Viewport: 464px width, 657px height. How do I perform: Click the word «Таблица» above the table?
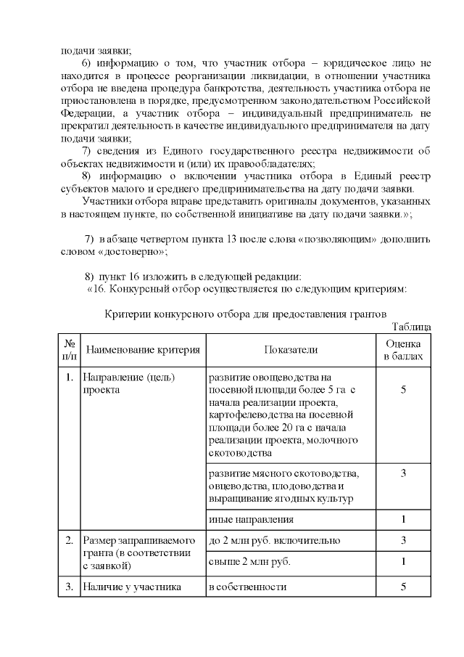(x=411, y=327)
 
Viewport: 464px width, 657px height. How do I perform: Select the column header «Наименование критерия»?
(x=143, y=350)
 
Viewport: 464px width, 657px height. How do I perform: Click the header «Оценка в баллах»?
(x=403, y=350)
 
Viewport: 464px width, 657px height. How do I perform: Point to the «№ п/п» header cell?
(x=70, y=350)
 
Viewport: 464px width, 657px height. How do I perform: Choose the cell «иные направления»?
(x=251, y=520)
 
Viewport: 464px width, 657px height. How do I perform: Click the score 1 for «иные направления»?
(x=403, y=520)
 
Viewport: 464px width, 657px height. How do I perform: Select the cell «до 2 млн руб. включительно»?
(x=270, y=541)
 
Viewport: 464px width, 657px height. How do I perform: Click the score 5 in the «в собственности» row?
(x=403, y=587)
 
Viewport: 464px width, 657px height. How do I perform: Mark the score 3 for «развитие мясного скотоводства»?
(x=403, y=473)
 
